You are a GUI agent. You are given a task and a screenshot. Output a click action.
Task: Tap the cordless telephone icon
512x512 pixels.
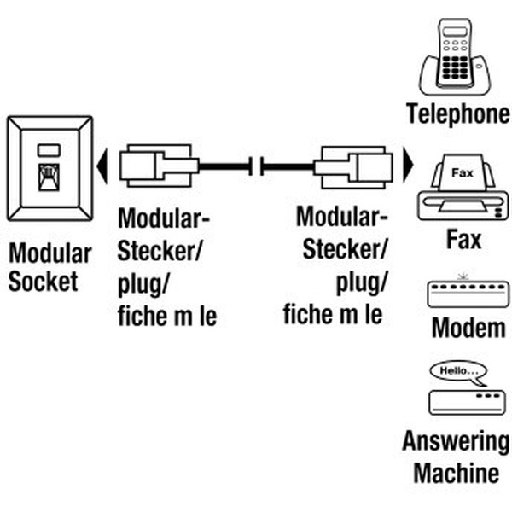click(x=457, y=55)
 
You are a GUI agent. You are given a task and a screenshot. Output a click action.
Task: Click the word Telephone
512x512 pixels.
click(x=458, y=113)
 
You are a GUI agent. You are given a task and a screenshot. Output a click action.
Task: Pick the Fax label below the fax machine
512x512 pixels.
click(x=463, y=240)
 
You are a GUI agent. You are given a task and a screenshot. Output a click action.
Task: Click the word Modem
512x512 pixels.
click(x=467, y=329)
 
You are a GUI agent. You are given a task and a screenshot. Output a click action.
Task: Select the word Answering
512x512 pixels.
click(x=456, y=442)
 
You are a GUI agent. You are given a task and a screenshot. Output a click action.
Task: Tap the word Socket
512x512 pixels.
click(x=43, y=282)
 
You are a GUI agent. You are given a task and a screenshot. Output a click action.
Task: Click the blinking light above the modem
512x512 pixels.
click(x=463, y=276)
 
